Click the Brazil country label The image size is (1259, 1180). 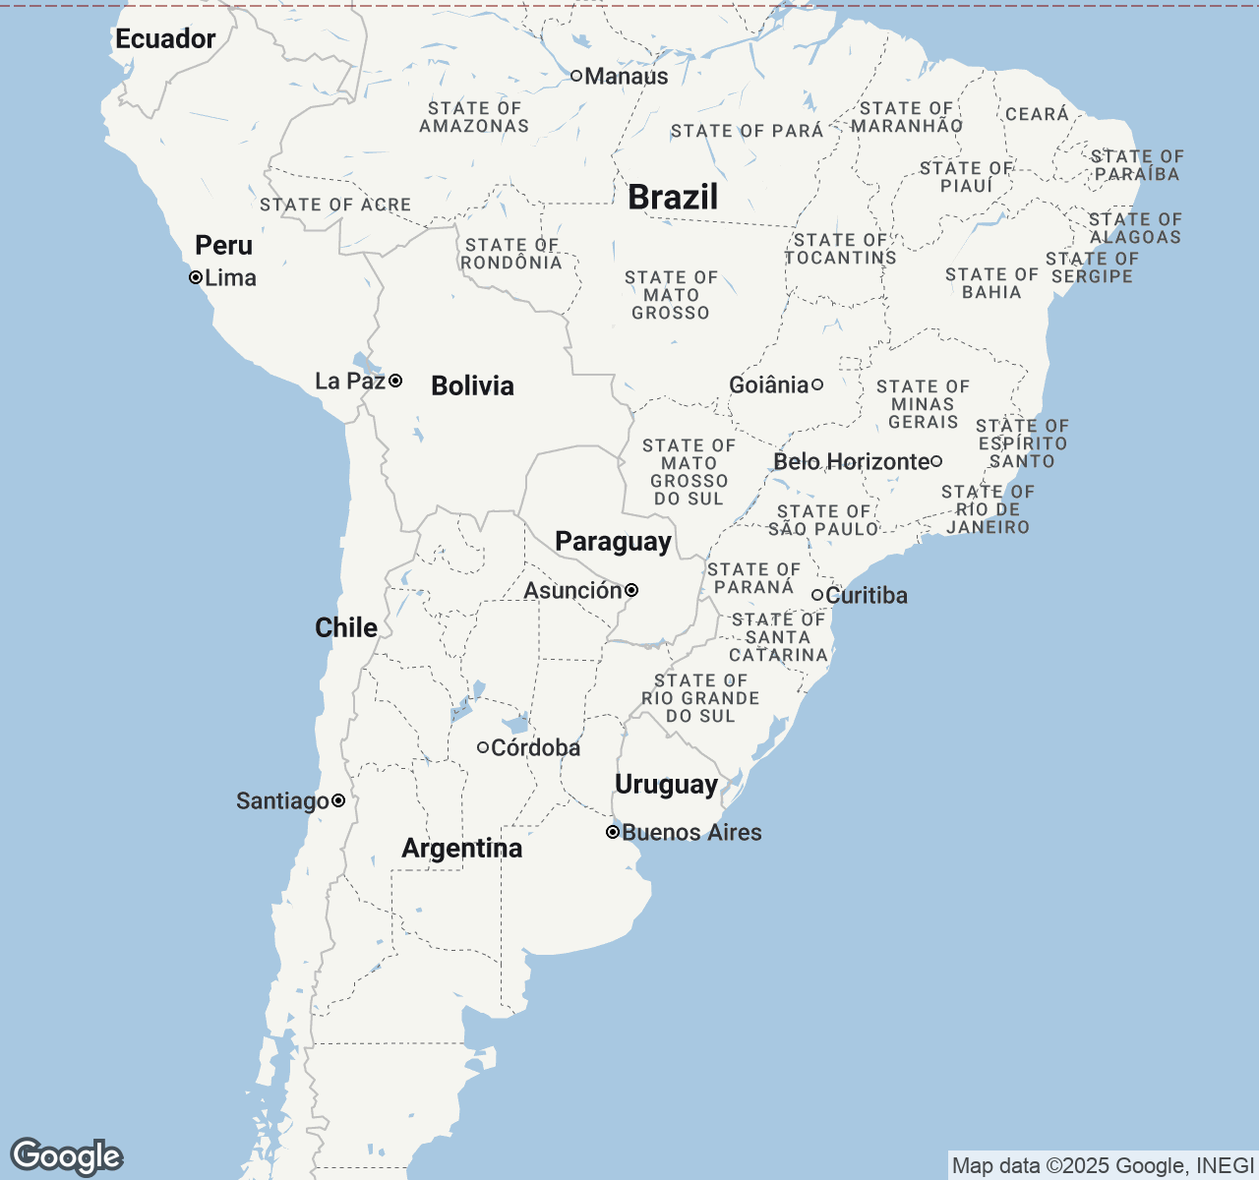click(673, 198)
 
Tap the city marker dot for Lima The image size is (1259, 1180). click(196, 277)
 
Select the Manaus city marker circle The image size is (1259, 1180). click(576, 76)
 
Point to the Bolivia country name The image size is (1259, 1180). click(472, 385)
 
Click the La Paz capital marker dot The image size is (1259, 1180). click(395, 381)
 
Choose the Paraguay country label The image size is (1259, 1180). click(613, 542)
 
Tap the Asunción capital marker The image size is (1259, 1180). click(631, 590)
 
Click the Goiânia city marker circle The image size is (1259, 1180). click(816, 384)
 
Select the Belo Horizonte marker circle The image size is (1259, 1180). click(936, 461)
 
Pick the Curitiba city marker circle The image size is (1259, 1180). click(817, 595)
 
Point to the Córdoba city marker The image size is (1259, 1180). click(483, 747)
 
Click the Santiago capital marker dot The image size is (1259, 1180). click(338, 800)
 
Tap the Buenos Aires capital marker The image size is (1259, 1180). click(613, 832)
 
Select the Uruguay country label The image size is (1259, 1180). click(666, 785)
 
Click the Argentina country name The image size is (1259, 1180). click(461, 849)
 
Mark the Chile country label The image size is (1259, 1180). click(346, 627)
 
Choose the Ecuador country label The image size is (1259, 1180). click(165, 39)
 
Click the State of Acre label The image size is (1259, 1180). click(335, 205)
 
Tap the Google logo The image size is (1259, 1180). click(66, 1157)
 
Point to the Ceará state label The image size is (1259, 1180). click(1037, 114)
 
